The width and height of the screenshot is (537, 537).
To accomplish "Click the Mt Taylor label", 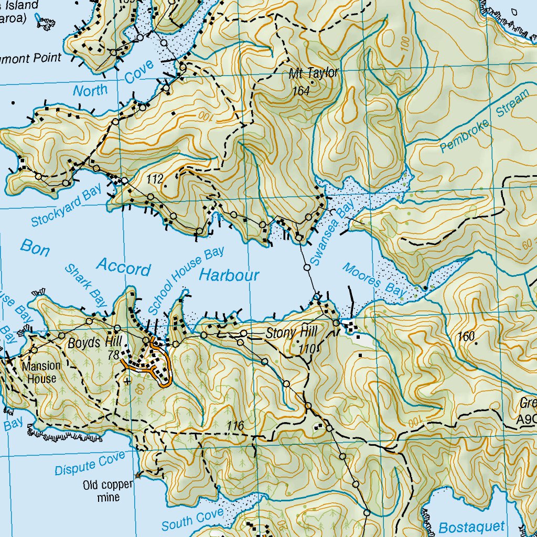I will (314, 73).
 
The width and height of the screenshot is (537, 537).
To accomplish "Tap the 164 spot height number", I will (302, 91).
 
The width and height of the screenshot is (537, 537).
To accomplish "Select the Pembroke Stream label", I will (484, 122).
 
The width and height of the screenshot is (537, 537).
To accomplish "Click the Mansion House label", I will (41, 371).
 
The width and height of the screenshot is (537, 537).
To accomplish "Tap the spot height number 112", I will (155, 180).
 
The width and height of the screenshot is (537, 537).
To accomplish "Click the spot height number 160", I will (466, 337).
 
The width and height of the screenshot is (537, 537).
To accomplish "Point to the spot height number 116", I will (236, 426).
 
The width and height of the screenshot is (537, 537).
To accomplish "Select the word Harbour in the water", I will (229, 274).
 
